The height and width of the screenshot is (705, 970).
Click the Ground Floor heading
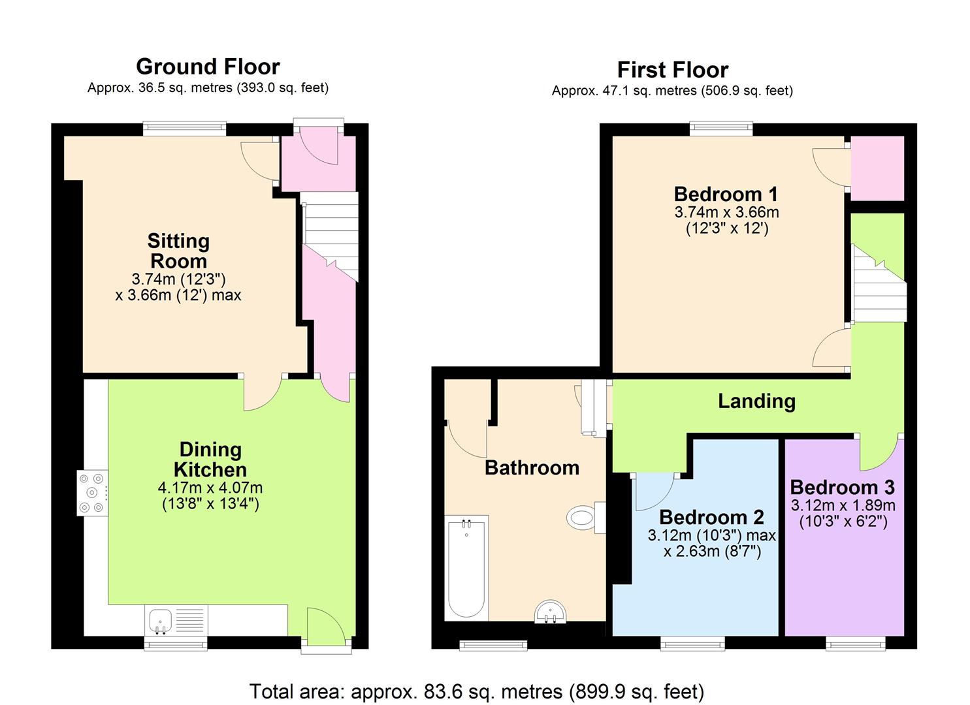click(x=208, y=67)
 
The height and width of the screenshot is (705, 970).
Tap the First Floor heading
click(x=672, y=70)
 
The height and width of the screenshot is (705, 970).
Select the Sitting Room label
click(x=178, y=251)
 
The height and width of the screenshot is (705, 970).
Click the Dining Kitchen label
click(x=210, y=459)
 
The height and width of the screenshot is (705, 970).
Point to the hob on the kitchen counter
click(x=92, y=493)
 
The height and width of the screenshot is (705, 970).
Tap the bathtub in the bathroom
click(x=466, y=568)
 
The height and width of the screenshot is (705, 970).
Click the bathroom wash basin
click(x=551, y=613)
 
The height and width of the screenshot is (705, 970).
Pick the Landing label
click(x=756, y=401)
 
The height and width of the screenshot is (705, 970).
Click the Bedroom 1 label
click(x=726, y=194)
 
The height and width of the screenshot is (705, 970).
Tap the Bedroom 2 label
click(x=711, y=517)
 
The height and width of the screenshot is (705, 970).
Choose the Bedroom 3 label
click(x=842, y=487)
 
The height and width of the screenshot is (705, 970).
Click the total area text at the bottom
click(x=477, y=691)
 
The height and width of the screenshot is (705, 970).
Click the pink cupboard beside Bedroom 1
click(x=877, y=168)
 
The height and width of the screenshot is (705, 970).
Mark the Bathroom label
click(x=532, y=467)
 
